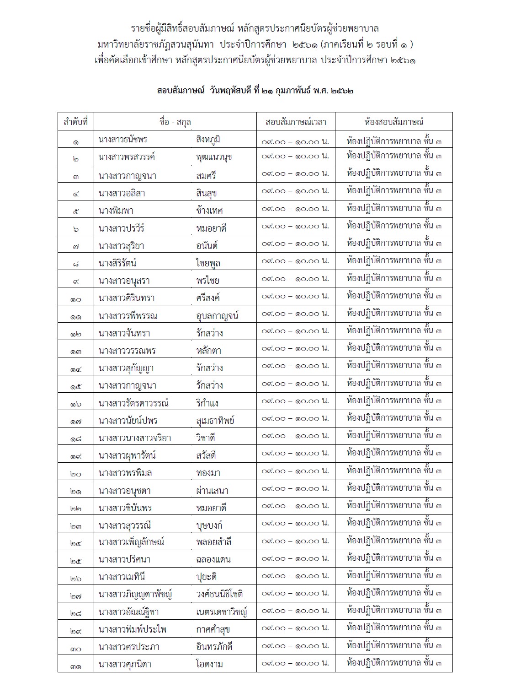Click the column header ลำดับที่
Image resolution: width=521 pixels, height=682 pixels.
click(75, 122)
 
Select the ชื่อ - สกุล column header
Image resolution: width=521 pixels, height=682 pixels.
click(175, 122)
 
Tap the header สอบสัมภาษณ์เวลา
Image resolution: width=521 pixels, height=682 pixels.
click(296, 122)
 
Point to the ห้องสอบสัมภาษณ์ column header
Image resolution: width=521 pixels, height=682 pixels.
click(393, 122)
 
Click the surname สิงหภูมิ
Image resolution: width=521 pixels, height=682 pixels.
click(208, 140)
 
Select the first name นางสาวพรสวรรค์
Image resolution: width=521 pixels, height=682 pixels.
click(127, 157)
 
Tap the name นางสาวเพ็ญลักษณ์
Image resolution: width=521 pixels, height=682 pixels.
click(131, 542)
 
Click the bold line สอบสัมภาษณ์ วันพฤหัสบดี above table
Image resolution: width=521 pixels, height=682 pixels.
click(255, 91)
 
